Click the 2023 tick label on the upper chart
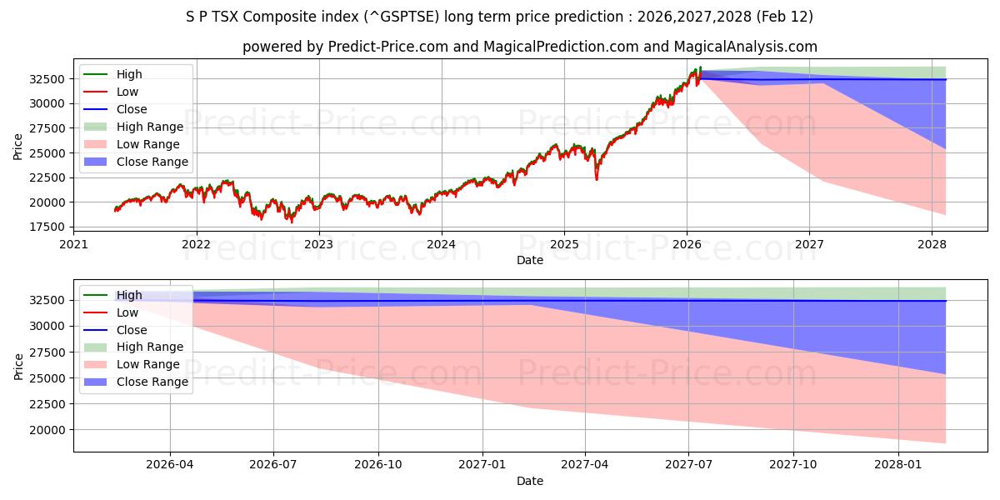coord(318,244)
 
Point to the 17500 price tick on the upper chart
coord(48,227)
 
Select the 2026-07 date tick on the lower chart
coord(273,465)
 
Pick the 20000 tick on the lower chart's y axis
coord(48,430)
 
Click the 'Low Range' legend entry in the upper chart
coord(147,144)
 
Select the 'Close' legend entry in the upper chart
coord(132,109)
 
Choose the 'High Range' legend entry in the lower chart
coord(149,347)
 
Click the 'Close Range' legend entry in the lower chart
coord(152,382)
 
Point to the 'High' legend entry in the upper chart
coord(129,74)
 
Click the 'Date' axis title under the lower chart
coord(529,481)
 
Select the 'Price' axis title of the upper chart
coord(18,147)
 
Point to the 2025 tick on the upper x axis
coord(563,244)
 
